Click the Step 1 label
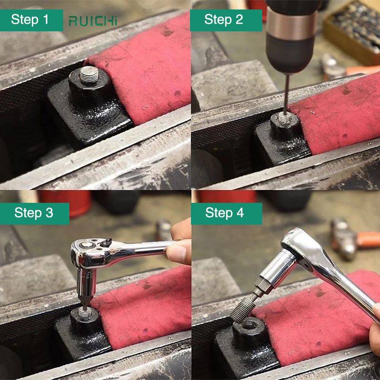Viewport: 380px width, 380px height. click(31, 20)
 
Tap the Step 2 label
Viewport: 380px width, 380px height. click(226, 20)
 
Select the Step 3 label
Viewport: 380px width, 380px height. click(34, 214)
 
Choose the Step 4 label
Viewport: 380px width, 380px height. click(227, 214)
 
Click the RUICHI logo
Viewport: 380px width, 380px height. click(93, 21)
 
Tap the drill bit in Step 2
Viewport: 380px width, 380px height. click(286, 95)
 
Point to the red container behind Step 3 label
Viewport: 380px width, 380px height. click(65, 203)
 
